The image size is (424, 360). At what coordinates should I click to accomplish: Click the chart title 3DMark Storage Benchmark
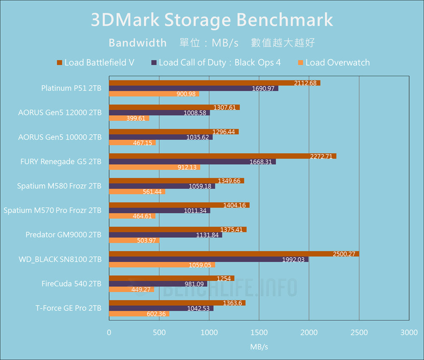pyautogui.click(x=212, y=20)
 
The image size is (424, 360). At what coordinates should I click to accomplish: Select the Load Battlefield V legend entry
pyautogui.click(x=95, y=63)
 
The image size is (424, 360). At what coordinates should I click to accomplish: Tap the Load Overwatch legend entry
pyautogui.click(x=334, y=63)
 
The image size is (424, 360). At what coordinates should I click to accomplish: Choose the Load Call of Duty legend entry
pyautogui.click(x=216, y=63)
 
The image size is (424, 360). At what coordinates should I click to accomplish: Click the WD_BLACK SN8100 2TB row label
pyautogui.click(x=60, y=259)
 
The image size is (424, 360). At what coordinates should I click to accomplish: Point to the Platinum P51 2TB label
pyautogui.click(x=71, y=88)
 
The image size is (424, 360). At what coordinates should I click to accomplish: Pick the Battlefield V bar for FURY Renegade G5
pyautogui.click(x=223, y=156)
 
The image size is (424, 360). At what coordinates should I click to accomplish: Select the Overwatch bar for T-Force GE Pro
pyautogui.click(x=139, y=314)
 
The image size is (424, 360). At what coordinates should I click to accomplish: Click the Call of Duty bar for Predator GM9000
pyautogui.click(x=165, y=235)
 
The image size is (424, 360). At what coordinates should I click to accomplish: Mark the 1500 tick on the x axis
pyautogui.click(x=259, y=333)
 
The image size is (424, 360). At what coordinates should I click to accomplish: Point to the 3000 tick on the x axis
pyautogui.click(x=409, y=333)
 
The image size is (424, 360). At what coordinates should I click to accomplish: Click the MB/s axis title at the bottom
pyautogui.click(x=259, y=347)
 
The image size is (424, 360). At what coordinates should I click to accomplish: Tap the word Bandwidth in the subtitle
pyautogui.click(x=138, y=43)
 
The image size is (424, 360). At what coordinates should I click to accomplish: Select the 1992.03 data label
pyautogui.click(x=293, y=260)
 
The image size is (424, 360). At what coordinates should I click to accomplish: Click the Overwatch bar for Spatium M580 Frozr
pyautogui.click(x=137, y=192)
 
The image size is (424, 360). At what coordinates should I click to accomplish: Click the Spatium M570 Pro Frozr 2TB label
pyautogui.click(x=53, y=210)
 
